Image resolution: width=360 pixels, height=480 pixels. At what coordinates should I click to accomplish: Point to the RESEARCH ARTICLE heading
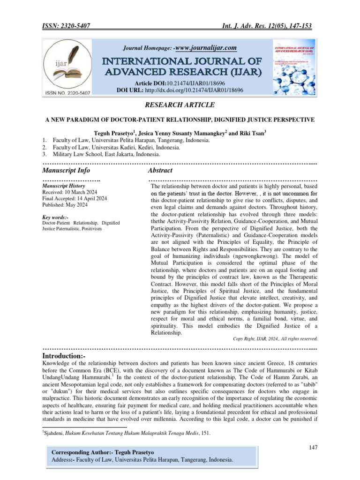(x=180, y=105)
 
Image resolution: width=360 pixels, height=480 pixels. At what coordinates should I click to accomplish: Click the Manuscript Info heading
(x=66, y=170)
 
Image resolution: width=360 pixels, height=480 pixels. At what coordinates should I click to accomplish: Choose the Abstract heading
(x=160, y=170)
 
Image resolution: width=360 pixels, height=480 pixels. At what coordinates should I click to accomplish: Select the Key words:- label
(x=55, y=217)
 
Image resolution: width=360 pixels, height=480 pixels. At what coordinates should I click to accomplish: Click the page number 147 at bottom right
(x=314, y=448)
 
